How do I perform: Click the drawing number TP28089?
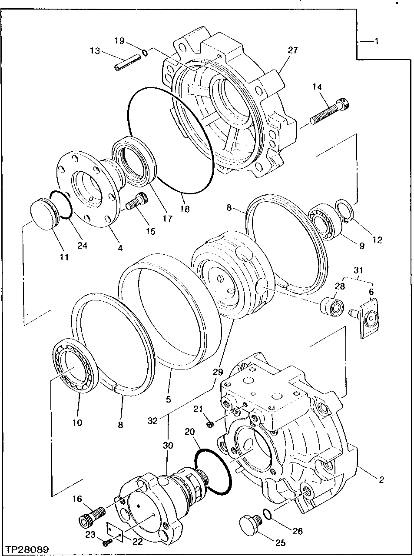coord(26,549)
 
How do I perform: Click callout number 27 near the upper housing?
coord(293,50)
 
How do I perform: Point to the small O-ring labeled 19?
coord(145,53)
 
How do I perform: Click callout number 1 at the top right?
coord(377,41)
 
